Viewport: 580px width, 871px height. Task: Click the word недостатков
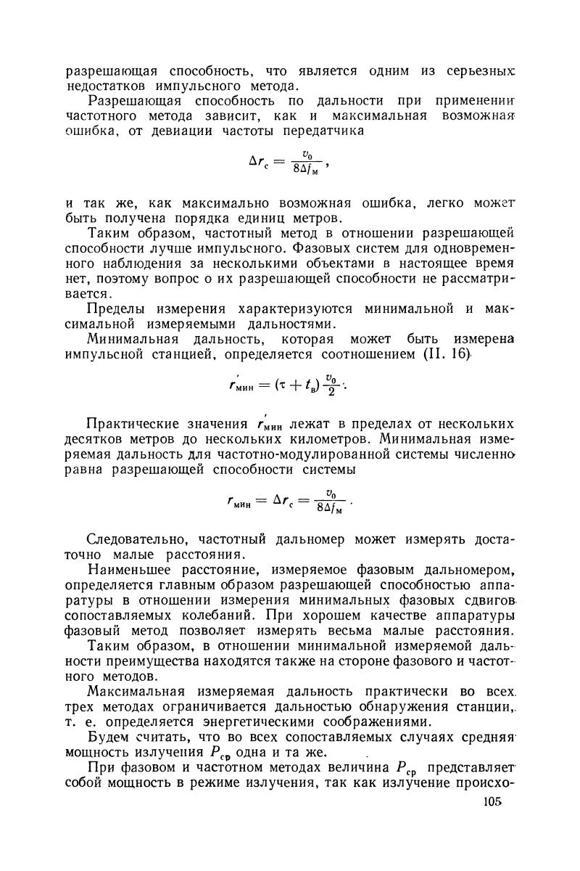[x=108, y=87]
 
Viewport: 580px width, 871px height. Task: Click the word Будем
[x=106, y=737]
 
